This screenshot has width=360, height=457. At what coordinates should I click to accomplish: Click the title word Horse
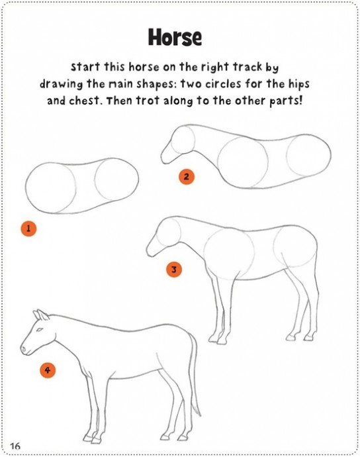[175, 37]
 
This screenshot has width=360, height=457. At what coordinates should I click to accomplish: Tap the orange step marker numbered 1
[28, 228]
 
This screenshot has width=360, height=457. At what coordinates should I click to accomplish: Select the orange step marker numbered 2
[187, 177]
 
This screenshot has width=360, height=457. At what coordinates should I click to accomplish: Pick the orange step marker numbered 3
[174, 270]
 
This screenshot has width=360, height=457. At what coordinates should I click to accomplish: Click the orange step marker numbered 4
[48, 370]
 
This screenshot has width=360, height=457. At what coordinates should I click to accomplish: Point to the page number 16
[15, 446]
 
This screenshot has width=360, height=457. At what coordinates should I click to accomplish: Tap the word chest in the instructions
[84, 101]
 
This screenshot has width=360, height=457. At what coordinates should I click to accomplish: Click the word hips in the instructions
[299, 85]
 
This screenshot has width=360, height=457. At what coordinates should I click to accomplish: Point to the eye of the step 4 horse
[39, 330]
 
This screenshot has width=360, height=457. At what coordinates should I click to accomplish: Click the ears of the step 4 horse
[41, 315]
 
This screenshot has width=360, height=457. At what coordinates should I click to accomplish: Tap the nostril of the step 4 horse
[24, 348]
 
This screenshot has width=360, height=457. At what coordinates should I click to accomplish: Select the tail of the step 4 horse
[195, 376]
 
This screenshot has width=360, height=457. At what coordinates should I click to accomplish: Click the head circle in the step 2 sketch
[183, 140]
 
